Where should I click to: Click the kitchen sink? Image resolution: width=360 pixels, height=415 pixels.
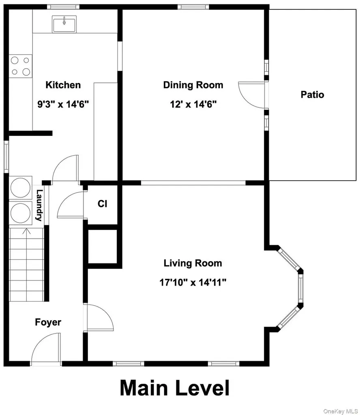(x=64, y=24)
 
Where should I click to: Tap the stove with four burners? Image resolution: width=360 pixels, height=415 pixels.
(x=21, y=66)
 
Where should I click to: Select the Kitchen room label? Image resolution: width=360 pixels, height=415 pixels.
(x=63, y=85)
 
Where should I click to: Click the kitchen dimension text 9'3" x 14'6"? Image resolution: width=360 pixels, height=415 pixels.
(x=63, y=104)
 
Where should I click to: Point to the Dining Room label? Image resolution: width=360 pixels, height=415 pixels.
(x=193, y=85)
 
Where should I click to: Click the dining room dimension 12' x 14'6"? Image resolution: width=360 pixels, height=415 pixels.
(x=193, y=104)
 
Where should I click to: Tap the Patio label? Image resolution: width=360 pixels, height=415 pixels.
(x=312, y=94)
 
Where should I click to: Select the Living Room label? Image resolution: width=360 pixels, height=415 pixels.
(x=193, y=263)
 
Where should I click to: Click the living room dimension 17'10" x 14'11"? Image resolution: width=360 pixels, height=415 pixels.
(x=193, y=282)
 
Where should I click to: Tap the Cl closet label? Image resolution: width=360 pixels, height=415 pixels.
(x=102, y=204)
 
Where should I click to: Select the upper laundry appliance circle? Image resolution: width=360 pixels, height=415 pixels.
(x=20, y=187)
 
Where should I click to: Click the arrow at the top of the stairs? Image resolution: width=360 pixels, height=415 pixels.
(x=26, y=231)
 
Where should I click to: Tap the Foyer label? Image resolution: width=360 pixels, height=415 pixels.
(x=48, y=322)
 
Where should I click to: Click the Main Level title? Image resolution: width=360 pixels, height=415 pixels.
(x=175, y=388)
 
